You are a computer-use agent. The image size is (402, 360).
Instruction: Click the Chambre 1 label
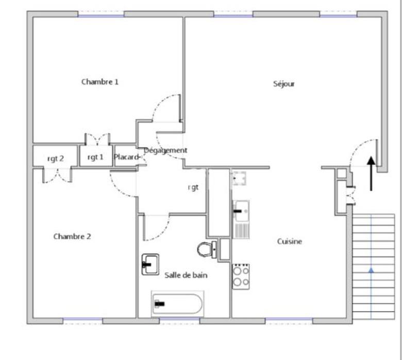[100, 82]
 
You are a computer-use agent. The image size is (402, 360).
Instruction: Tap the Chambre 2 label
[72, 237]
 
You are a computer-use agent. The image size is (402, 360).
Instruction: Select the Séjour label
[284, 84]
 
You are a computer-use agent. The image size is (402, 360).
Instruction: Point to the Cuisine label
[290, 242]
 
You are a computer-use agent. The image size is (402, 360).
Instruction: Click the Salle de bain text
[186, 276]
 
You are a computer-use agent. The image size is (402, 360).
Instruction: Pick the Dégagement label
[166, 150]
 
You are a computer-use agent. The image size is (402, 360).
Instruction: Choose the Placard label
[126, 157]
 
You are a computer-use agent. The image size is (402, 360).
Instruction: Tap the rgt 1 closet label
[95, 157]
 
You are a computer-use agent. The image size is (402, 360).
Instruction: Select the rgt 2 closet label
[55, 159]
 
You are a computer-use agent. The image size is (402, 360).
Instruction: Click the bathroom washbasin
[150, 264]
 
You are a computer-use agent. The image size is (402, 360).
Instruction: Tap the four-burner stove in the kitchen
[241, 276]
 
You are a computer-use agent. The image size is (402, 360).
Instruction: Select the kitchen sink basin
[241, 210]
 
